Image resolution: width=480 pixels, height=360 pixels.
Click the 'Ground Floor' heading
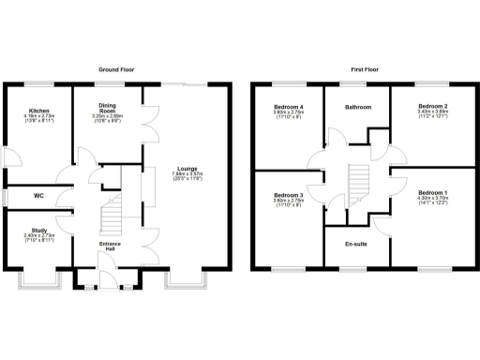[120, 69]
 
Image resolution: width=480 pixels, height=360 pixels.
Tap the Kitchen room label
[39, 110]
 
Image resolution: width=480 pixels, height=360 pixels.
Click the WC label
[39, 196]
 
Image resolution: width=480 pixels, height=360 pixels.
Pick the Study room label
[39, 230]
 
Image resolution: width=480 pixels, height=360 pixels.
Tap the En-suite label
[357, 244]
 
